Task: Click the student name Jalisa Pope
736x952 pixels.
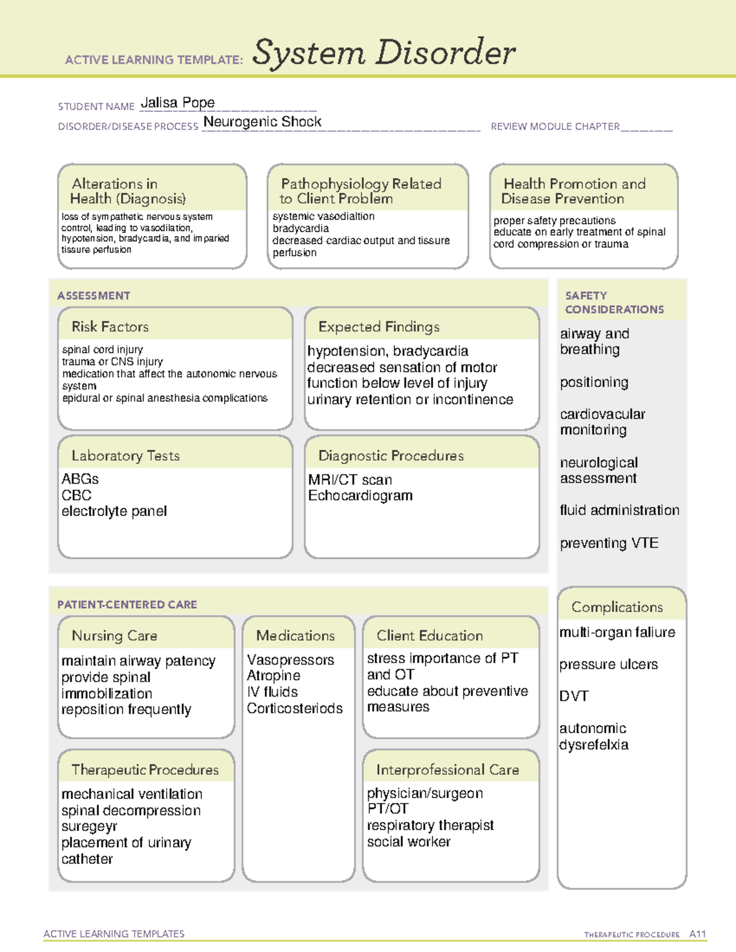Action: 177,102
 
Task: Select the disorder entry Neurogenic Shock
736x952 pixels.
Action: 262,122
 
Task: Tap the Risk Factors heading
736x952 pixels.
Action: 110,327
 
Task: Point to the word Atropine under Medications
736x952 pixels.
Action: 274,676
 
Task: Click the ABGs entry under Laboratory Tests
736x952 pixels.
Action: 80,479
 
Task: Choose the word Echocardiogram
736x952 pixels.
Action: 360,495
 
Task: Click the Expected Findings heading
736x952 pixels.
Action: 378,327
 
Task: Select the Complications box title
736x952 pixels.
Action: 616,607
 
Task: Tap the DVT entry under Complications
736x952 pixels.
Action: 573,696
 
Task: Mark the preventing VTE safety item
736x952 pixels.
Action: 608,543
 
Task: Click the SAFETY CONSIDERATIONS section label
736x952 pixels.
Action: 614,302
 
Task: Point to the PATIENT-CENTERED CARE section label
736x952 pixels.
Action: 127,604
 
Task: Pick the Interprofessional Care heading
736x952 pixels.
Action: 447,770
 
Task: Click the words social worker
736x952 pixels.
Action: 408,842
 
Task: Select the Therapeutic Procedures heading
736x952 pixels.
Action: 145,770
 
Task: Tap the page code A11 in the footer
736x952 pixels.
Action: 697,934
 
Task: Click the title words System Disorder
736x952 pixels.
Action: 383,53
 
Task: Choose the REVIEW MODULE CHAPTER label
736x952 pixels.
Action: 555,126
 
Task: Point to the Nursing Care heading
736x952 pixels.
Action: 114,636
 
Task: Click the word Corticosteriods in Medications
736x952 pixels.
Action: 294,709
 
